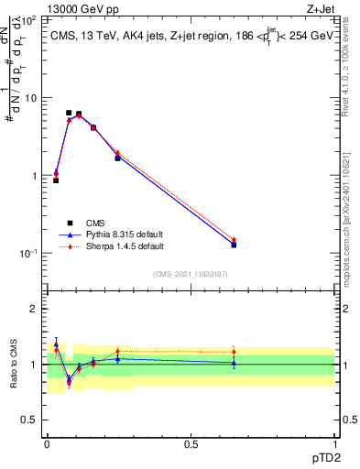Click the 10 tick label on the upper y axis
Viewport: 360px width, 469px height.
point(31,98)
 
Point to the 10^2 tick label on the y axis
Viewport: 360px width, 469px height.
point(29,19)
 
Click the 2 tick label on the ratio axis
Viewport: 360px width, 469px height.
point(35,310)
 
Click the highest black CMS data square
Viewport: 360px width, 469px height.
point(69,113)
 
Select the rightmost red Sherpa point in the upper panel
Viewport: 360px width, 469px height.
point(234,240)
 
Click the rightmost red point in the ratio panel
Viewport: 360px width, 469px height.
point(234,352)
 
